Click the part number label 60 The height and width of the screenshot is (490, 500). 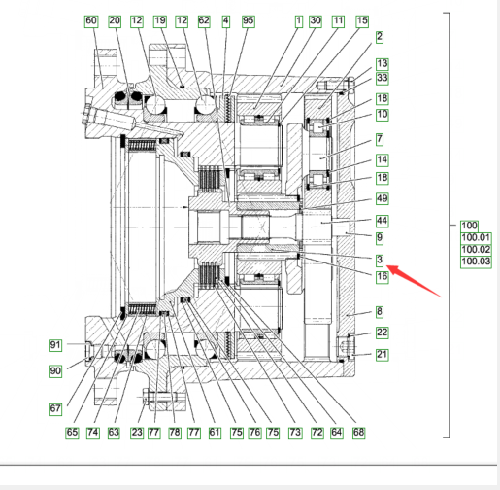click(x=91, y=21)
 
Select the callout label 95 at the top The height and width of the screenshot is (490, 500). click(x=248, y=21)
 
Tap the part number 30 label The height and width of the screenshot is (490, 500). click(x=316, y=21)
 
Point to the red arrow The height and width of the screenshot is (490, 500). click(x=414, y=280)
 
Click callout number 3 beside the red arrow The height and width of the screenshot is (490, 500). click(x=380, y=260)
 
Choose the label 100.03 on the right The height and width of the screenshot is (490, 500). click(x=476, y=262)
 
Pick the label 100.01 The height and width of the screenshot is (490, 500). click(x=476, y=237)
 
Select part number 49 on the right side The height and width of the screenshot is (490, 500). click(x=382, y=198)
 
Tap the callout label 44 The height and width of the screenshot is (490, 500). click(x=382, y=221)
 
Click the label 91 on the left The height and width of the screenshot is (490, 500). click(x=55, y=345)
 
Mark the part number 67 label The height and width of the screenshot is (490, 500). click(x=55, y=409)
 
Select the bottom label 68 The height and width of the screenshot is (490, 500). click(x=358, y=433)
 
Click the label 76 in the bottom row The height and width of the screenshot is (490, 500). click(x=254, y=433)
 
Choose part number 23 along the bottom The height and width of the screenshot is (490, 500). click(x=137, y=433)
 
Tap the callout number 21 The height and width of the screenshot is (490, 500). click(x=382, y=355)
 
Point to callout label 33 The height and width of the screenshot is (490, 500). click(x=382, y=78)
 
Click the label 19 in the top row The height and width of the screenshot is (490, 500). click(x=160, y=21)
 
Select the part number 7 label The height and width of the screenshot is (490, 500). click(x=380, y=140)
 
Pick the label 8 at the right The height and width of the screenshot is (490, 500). click(x=380, y=312)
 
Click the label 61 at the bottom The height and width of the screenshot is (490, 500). click(x=215, y=433)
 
